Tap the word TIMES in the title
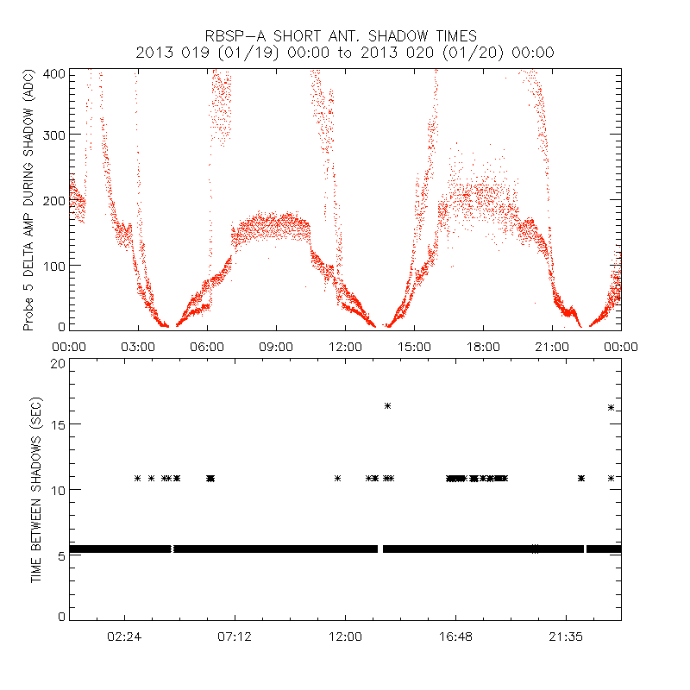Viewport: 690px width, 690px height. pos(450,36)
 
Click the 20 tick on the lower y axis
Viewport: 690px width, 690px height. pos(58,364)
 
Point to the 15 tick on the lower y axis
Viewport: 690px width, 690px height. pos(58,424)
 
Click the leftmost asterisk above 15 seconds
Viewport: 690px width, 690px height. pos(388,405)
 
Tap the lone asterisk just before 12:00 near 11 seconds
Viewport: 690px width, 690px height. pos(337,478)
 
